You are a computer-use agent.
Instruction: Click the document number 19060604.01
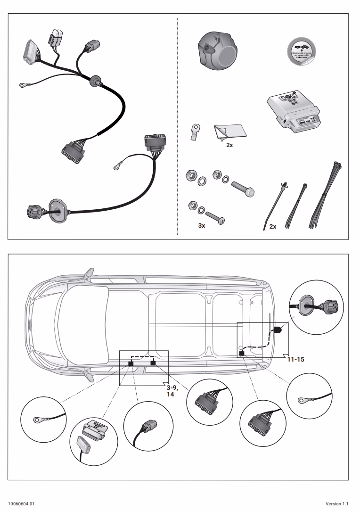[x=21, y=504]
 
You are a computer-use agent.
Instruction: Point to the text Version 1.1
[x=337, y=504]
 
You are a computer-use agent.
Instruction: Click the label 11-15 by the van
[x=296, y=359]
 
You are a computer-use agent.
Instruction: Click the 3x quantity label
[x=201, y=226]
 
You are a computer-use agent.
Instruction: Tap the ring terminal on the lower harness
[x=116, y=165]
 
